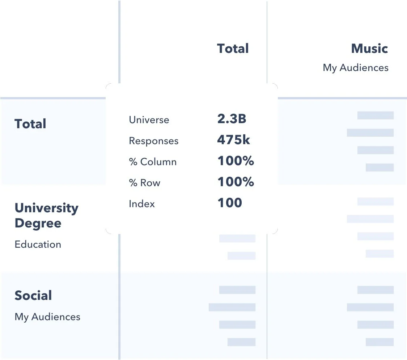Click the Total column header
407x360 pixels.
click(x=233, y=49)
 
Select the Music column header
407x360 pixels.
click(x=369, y=49)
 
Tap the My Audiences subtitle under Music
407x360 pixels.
click(x=356, y=68)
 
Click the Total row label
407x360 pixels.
click(x=30, y=124)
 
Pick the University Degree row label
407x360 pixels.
click(x=46, y=215)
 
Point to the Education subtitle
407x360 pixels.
click(x=38, y=244)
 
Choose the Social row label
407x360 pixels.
click(x=33, y=296)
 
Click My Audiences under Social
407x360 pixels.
click(x=47, y=317)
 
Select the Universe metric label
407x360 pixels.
click(x=149, y=120)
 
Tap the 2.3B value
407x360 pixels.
click(x=232, y=119)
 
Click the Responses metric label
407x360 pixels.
click(x=154, y=141)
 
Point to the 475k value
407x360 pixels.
click(x=233, y=140)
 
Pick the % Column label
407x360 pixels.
click(x=153, y=162)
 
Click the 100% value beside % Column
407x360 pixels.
click(x=236, y=161)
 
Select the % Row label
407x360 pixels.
click(x=145, y=183)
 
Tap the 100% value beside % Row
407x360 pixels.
click(x=236, y=182)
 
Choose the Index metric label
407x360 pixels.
click(x=142, y=204)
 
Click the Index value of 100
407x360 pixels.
click(x=230, y=203)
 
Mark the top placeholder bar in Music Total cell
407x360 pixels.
click(x=375, y=116)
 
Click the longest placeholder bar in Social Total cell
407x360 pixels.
click(x=232, y=307)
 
